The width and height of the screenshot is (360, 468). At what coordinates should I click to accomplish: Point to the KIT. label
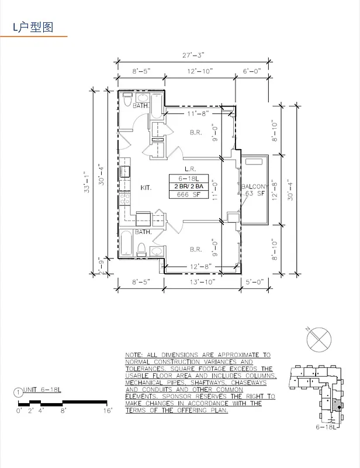[x=146, y=188]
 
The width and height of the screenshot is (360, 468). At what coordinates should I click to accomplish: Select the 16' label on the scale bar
[x=108, y=411]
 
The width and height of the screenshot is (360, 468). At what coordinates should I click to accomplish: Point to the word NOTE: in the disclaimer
[x=136, y=356]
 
